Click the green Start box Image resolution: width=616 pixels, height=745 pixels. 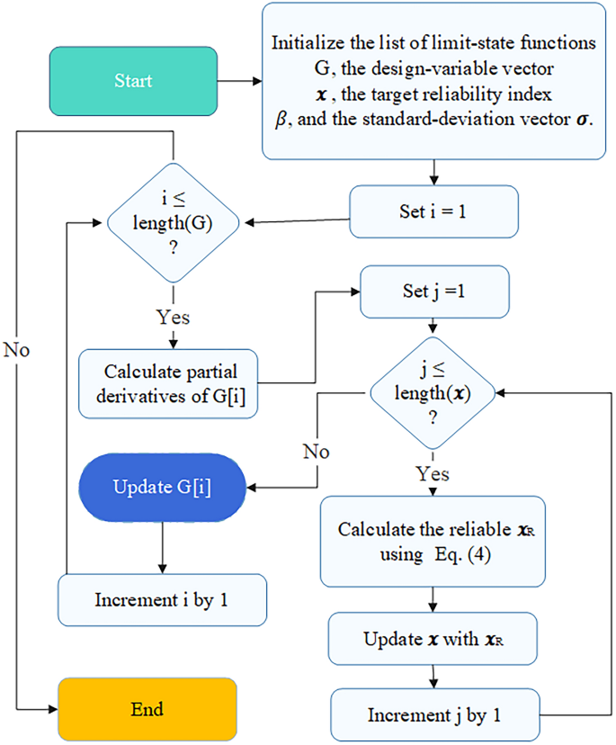click(133, 81)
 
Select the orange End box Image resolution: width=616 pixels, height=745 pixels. click(147, 709)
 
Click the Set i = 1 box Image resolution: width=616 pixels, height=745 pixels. click(433, 211)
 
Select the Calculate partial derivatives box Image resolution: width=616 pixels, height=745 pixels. click(169, 384)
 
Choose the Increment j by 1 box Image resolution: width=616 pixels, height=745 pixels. click(433, 715)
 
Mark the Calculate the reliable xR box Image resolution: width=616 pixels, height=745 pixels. click(433, 542)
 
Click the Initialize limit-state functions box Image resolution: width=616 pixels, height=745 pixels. click(433, 81)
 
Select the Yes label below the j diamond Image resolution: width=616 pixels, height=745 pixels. click(433, 473)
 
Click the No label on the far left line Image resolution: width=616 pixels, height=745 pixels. click(17, 349)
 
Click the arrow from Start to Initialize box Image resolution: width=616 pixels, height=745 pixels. click(239, 81)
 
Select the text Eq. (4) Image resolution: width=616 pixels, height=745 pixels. click(460, 555)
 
